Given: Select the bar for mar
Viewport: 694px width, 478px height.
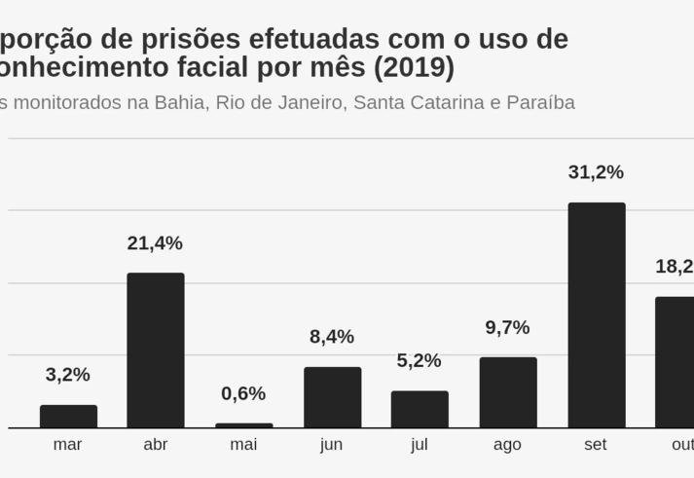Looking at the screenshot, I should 68,417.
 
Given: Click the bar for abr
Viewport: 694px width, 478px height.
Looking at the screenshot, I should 156,350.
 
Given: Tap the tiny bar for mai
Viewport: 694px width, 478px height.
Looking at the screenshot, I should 244,425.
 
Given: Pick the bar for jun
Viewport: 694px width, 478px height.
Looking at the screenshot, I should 332,397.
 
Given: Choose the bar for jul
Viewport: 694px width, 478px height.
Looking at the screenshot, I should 420,409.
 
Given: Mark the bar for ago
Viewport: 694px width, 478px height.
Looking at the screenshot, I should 507,392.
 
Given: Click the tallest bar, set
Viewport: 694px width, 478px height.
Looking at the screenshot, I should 596,315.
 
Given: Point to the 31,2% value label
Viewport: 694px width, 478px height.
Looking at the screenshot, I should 596,172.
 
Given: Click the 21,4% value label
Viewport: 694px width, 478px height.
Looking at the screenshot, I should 155,243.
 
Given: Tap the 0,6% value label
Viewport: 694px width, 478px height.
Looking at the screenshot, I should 243,393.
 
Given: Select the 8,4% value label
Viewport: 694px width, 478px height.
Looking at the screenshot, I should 332,337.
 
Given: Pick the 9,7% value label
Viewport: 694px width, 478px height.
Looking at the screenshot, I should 507,328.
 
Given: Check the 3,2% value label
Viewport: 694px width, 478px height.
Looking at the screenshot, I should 68,375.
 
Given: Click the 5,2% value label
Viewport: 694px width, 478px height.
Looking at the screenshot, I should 420,360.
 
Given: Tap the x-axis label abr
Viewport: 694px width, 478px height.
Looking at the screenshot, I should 156,445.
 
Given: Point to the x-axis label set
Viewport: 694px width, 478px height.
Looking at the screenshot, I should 596,445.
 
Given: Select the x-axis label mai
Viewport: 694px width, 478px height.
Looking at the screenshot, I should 243,445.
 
